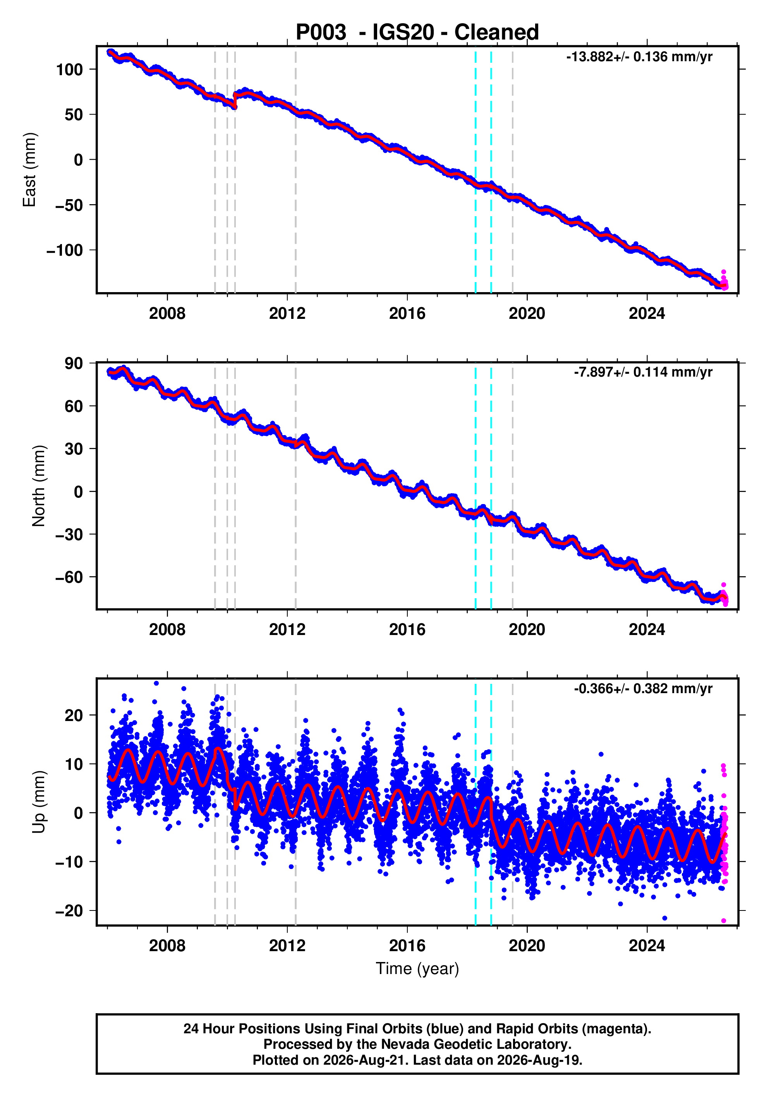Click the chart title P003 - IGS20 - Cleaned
(417, 33)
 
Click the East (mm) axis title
(30, 170)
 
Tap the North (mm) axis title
(39, 486)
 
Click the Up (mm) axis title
(39, 802)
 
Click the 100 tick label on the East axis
(70, 70)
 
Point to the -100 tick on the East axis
(65, 250)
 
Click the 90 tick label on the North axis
(74, 363)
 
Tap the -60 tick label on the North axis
(69, 577)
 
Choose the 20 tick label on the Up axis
(74, 716)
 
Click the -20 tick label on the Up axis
(69, 910)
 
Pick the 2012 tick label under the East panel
(287, 314)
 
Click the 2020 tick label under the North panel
(527, 630)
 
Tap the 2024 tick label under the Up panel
(647, 945)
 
